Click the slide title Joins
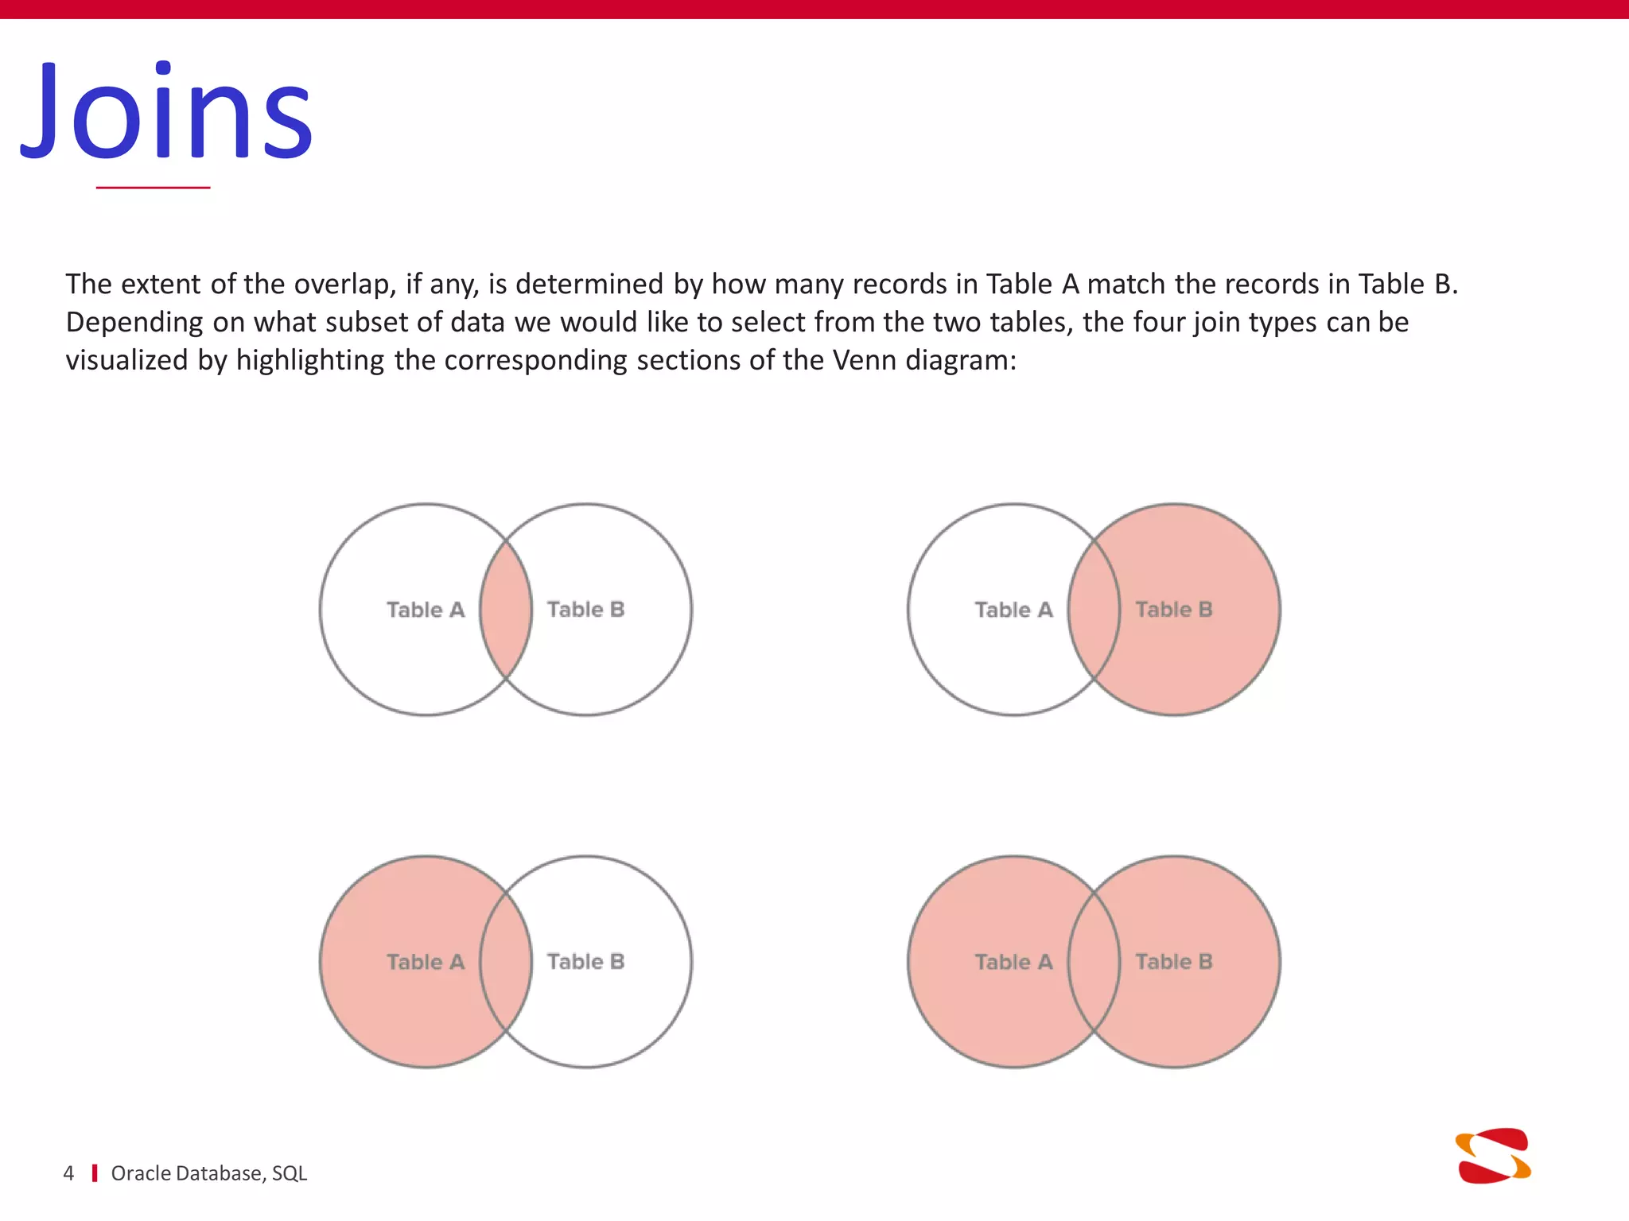tap(167, 111)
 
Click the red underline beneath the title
tap(153, 188)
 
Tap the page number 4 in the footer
tap(68, 1173)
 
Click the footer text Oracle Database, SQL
tap(208, 1173)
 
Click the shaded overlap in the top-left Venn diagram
tap(506, 610)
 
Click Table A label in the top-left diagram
tap(426, 610)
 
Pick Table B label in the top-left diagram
tap(585, 610)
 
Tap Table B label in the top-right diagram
tap(1173, 610)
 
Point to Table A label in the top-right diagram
tap(1013, 610)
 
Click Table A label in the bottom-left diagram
tap(426, 962)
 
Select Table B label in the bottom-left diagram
tap(585, 962)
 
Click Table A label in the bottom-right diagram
tap(1013, 962)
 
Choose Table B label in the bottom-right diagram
tap(1173, 962)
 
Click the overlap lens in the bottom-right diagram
tap(1094, 962)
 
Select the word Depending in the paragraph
tap(134, 323)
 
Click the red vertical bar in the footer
tap(95, 1173)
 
